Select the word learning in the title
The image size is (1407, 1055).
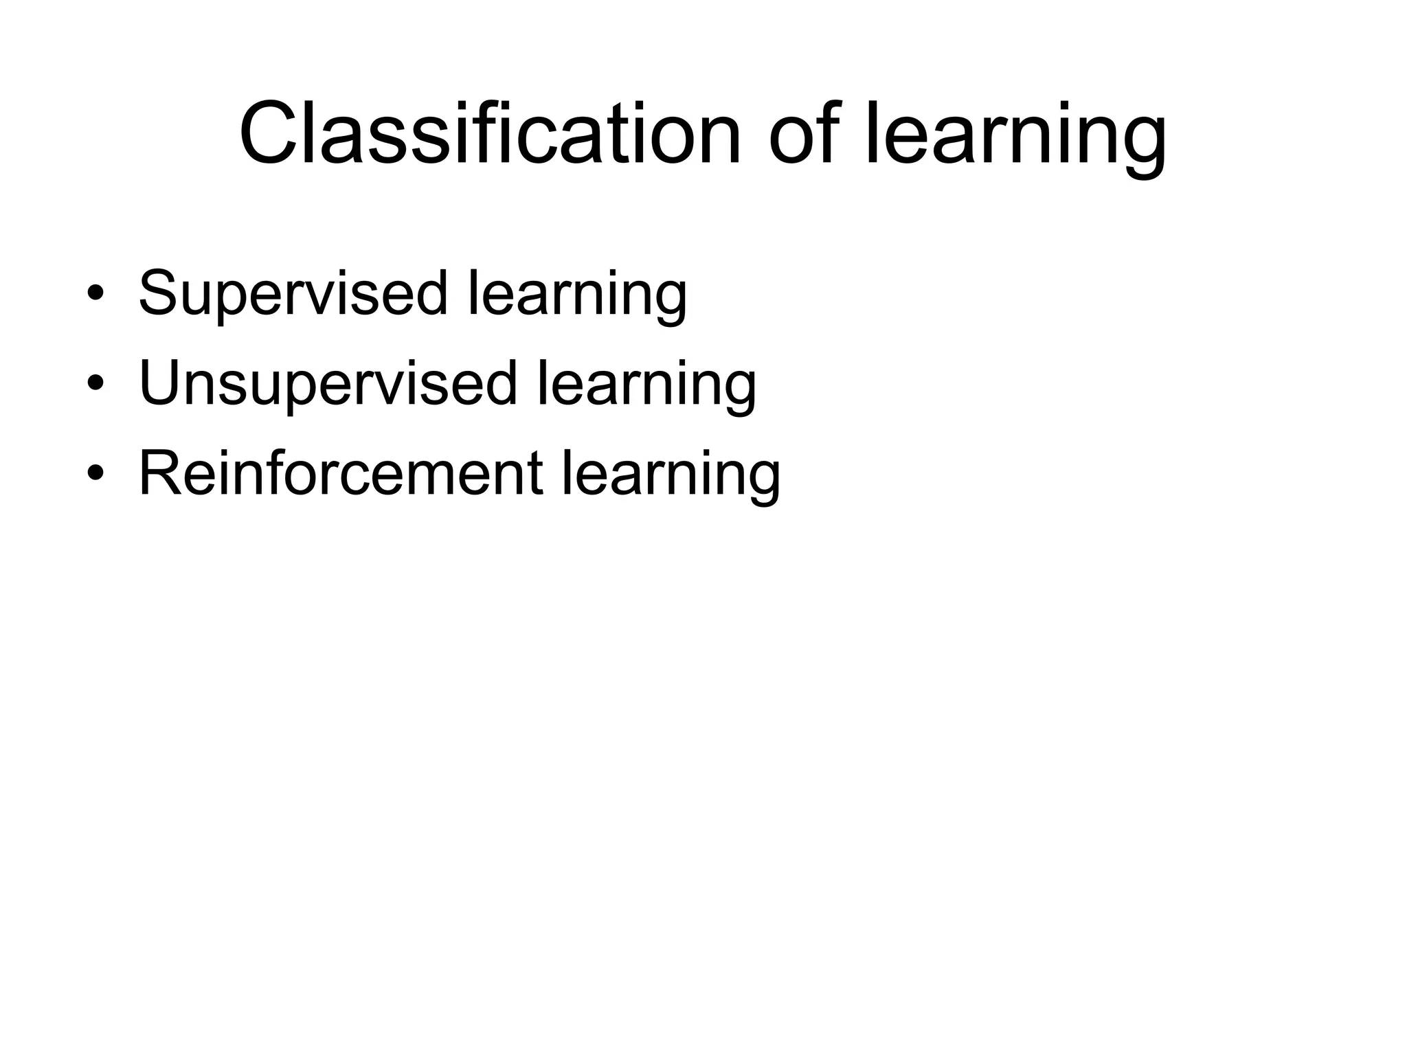pyautogui.click(x=1015, y=137)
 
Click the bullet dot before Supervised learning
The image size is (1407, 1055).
pyautogui.click(x=95, y=295)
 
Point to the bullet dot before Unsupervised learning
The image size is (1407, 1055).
pyautogui.click(x=95, y=384)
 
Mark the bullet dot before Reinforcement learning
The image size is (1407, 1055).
pyautogui.click(x=95, y=473)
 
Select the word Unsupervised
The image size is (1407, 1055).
pyautogui.click(x=328, y=383)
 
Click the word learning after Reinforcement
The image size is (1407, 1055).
pyautogui.click(x=671, y=475)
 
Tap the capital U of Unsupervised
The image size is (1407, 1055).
pyautogui.click(x=162, y=383)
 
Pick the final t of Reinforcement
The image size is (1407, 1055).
pyautogui.click(x=535, y=473)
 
